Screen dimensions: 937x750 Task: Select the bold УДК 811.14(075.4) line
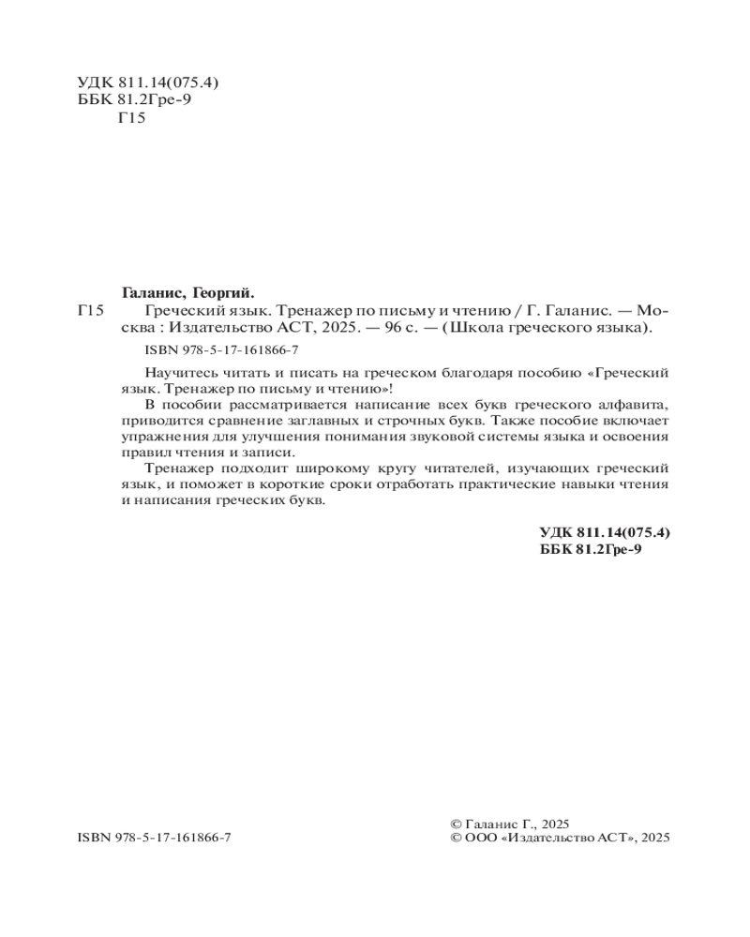pyautogui.click(x=605, y=532)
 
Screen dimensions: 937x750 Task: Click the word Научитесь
pyautogui.click(x=182, y=372)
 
